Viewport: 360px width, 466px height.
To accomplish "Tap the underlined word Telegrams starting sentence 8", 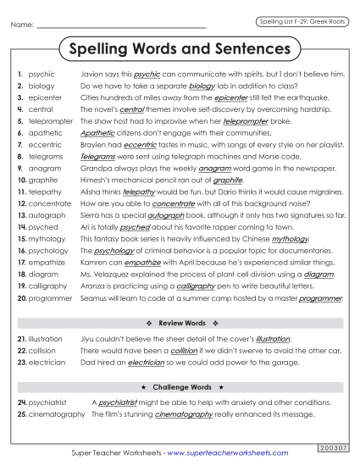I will pyautogui.click(x=99, y=157).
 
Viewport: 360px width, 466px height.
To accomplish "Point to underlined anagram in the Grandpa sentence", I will pyautogui.click(x=216, y=169).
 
